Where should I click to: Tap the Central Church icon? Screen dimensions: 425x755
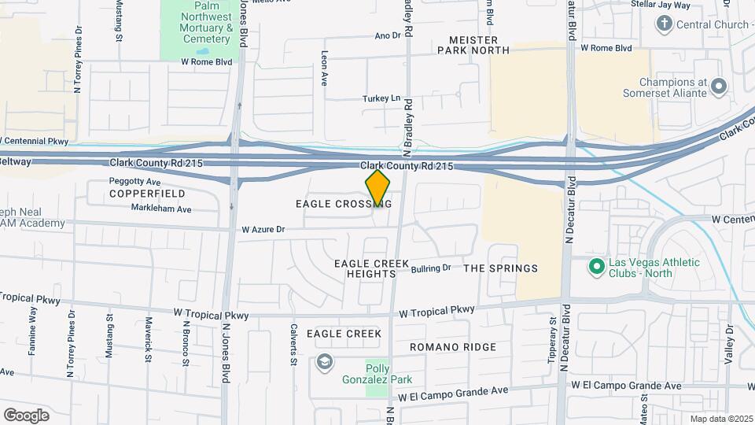click(x=664, y=24)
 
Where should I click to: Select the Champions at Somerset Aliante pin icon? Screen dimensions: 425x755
click(x=718, y=86)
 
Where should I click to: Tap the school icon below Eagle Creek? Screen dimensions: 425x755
click(x=323, y=362)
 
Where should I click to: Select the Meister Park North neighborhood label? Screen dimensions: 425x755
click(x=473, y=45)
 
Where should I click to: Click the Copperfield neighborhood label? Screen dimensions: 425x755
click(x=147, y=194)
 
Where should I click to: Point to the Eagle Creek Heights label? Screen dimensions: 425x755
click(x=363, y=268)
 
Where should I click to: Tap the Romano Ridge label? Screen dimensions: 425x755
click(x=453, y=347)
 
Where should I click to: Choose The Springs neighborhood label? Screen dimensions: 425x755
click(x=500, y=268)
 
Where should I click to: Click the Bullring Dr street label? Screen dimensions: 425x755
click(x=431, y=268)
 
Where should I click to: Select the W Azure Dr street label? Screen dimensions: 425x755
click(x=263, y=230)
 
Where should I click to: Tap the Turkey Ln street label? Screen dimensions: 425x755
click(x=381, y=99)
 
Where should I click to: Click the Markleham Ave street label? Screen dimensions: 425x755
click(x=160, y=210)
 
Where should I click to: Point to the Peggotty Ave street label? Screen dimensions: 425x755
click(x=134, y=182)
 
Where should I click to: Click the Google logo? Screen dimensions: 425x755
click(x=26, y=415)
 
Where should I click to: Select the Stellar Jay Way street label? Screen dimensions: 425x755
click(x=661, y=5)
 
